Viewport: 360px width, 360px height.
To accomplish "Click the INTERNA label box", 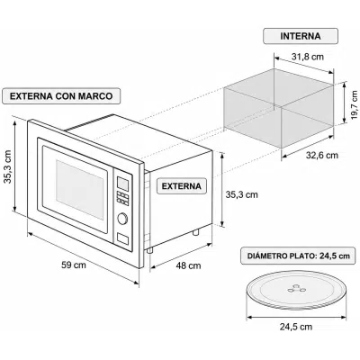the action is (301, 36).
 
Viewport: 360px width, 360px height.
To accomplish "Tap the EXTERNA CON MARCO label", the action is (61, 96).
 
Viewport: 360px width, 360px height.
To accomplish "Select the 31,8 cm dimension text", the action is (308, 57).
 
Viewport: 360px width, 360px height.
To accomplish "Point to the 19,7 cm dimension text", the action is (355, 103).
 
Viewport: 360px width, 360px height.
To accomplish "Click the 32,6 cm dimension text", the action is (322, 155).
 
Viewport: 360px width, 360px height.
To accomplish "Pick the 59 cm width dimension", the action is (74, 265).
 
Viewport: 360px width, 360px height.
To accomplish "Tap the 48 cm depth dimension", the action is (188, 265).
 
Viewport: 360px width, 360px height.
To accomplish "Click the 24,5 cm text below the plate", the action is (296, 327).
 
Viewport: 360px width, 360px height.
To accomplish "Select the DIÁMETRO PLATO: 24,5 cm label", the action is (299, 256).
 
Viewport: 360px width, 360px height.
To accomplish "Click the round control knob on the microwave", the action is (122, 219).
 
